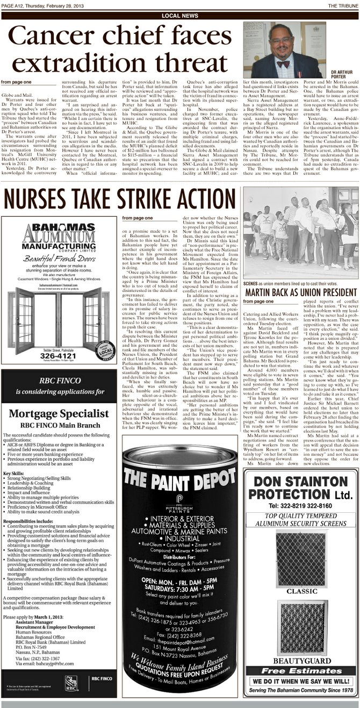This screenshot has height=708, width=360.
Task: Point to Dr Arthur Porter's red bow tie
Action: [x=283, y=63]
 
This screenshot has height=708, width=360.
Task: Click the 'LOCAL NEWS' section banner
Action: [x=179, y=16]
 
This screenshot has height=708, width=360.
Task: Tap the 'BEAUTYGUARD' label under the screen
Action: [x=301, y=660]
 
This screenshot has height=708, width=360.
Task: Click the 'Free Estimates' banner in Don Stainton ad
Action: [x=301, y=671]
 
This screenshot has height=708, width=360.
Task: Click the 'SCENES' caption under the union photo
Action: [x=251, y=283]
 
